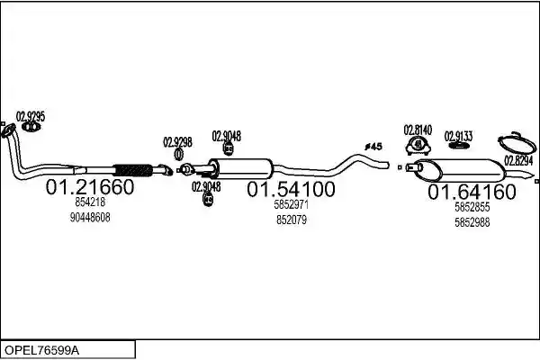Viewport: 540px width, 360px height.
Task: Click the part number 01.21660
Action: pyautogui.click(x=89, y=187)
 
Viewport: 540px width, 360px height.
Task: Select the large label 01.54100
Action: pyautogui.click(x=291, y=189)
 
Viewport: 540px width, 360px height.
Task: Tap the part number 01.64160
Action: pyautogui.click(x=472, y=192)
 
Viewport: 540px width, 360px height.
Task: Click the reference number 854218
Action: pyautogui.click(x=90, y=202)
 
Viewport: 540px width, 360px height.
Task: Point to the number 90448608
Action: pyautogui.click(x=90, y=218)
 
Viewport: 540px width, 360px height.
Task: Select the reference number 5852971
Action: pyautogui.click(x=292, y=204)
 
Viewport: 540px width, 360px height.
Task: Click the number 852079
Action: pyautogui.click(x=292, y=220)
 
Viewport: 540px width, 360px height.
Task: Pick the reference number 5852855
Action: pyautogui.click(x=472, y=207)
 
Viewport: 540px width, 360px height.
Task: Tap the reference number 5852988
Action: pyautogui.click(x=472, y=222)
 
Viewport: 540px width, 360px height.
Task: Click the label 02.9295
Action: pyautogui.click(x=31, y=116)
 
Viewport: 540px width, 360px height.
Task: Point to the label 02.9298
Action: pyautogui.click(x=177, y=142)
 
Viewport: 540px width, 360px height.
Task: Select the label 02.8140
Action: pyautogui.click(x=418, y=130)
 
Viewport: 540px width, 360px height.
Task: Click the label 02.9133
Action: pyautogui.click(x=458, y=137)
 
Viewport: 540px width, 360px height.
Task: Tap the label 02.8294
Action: pyautogui.click(x=518, y=160)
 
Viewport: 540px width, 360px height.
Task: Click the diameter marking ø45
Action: pyautogui.click(x=373, y=147)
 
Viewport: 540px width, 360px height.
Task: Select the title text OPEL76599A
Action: pyautogui.click(x=41, y=350)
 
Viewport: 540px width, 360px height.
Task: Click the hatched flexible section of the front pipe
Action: pyautogui.click(x=133, y=170)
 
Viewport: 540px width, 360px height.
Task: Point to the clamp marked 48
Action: pyautogui.click(x=418, y=145)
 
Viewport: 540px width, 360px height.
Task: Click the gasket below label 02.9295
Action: pyautogui.click(x=31, y=127)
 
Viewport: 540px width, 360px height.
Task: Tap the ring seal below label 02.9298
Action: pyautogui.click(x=178, y=154)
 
